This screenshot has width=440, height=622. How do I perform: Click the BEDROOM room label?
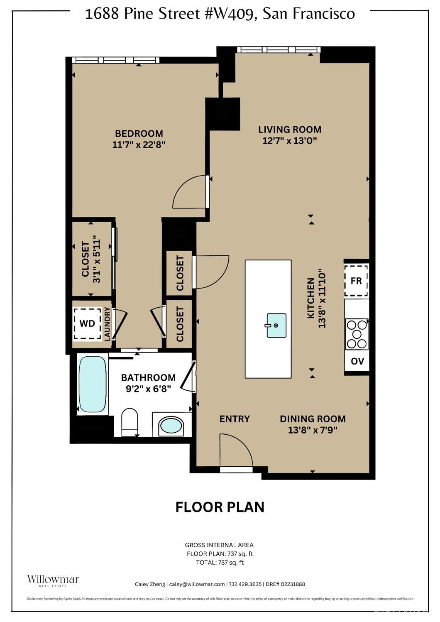click(139, 134)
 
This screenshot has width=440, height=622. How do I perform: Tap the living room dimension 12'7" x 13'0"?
click(289, 141)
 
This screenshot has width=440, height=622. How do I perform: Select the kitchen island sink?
click(276, 325)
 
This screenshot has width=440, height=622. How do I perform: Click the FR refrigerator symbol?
click(356, 281)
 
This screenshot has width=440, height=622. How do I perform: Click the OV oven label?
click(357, 361)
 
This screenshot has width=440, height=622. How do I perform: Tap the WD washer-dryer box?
click(87, 323)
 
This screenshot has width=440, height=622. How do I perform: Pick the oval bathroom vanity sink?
click(171, 426)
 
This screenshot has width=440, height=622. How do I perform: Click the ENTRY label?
click(235, 419)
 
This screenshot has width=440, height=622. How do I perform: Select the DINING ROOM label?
click(313, 419)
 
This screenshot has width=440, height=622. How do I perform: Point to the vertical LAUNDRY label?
click(107, 324)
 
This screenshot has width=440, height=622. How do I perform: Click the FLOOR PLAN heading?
click(220, 507)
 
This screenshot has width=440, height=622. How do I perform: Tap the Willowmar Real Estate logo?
click(53, 580)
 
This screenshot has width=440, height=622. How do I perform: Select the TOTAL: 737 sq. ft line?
click(220, 563)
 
